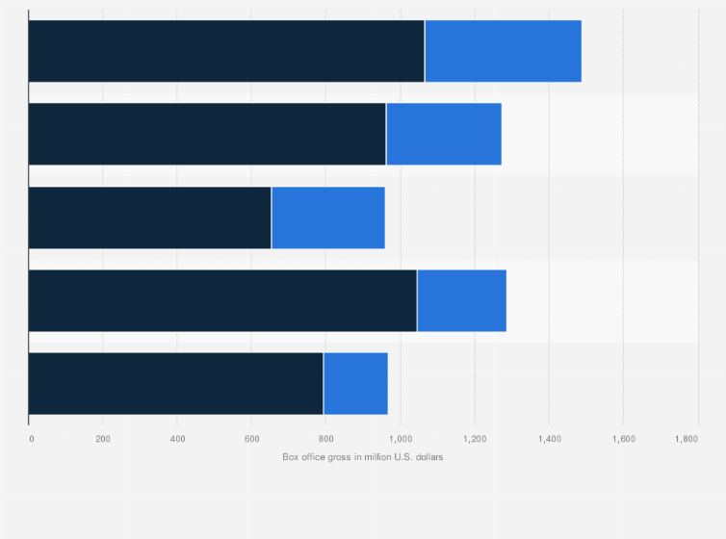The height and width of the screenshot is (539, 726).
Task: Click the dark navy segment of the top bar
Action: [x=226, y=51]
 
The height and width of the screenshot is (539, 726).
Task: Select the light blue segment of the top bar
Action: [x=503, y=51]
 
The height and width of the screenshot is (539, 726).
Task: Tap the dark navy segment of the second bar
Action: [x=207, y=134]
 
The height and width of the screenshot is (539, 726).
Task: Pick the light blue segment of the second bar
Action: [x=444, y=134]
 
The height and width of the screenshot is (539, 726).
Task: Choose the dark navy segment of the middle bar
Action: [x=150, y=218]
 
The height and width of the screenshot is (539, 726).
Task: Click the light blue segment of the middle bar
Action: [x=328, y=218]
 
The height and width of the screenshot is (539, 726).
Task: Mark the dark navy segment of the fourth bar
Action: [x=222, y=300]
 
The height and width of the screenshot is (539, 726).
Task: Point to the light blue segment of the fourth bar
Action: [x=461, y=300]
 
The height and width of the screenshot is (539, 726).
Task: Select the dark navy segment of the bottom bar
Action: [x=176, y=383]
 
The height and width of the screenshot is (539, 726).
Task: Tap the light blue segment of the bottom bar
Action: [x=355, y=383]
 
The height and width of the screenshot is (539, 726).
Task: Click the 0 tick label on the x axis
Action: [x=31, y=439]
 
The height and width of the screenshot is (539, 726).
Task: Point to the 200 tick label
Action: [x=103, y=439]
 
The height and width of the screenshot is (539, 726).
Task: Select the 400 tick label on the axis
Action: [x=177, y=439]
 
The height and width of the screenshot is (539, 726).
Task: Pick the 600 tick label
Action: [x=251, y=439]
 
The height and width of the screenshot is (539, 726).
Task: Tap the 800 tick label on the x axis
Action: [x=325, y=439]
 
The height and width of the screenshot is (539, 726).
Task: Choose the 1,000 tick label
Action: [x=401, y=439]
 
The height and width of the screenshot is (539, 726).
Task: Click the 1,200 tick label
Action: [x=475, y=439]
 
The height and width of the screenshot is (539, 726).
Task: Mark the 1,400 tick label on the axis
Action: [x=549, y=439]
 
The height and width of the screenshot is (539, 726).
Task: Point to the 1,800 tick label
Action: [x=687, y=439]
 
